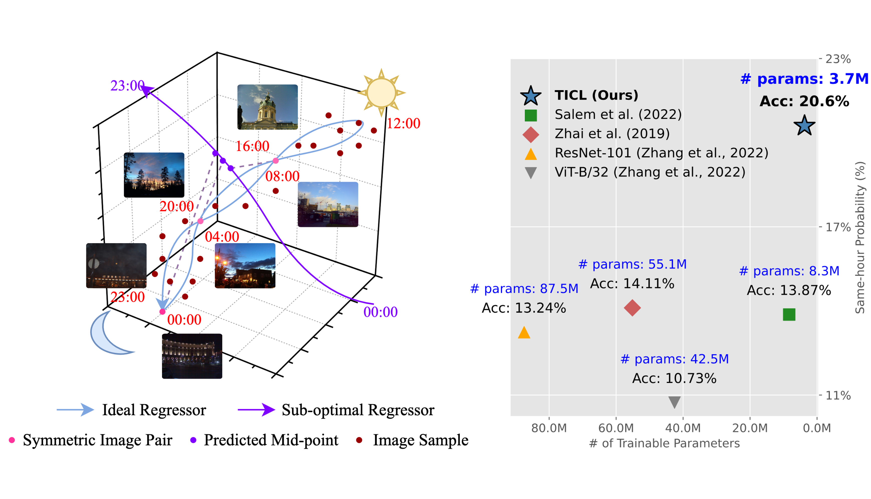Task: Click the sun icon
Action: click(x=381, y=93)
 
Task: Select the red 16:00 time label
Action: click(x=252, y=146)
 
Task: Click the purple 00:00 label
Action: click(x=380, y=312)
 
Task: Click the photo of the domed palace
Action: click(x=267, y=107)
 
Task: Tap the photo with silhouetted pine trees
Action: click(x=154, y=175)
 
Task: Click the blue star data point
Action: click(x=804, y=126)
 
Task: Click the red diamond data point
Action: click(x=632, y=308)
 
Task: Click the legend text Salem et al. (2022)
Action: click(x=618, y=114)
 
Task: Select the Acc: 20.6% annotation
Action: click(x=804, y=101)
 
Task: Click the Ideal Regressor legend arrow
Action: click(x=75, y=410)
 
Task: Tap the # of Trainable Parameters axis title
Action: click(x=664, y=443)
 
